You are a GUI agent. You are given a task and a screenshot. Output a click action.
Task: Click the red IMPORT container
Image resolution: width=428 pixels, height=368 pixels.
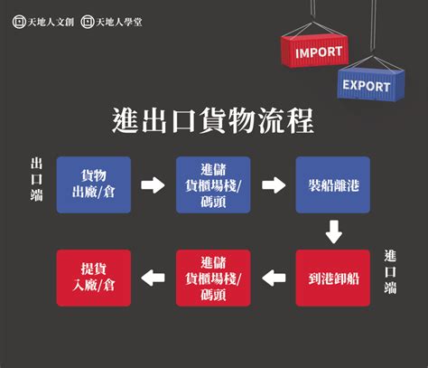[315, 51]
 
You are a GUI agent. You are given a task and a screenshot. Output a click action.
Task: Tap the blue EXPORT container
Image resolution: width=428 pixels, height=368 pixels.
[371, 84]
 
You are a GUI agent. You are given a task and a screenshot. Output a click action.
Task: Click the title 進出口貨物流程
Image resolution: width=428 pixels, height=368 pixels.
[213, 121]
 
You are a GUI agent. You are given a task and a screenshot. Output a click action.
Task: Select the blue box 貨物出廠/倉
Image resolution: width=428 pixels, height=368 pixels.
[94, 184]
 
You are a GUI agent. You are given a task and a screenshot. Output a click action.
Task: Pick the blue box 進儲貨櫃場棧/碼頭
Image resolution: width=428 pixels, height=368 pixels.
[213, 184]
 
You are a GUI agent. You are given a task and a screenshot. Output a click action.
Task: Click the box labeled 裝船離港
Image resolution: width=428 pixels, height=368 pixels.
[333, 184]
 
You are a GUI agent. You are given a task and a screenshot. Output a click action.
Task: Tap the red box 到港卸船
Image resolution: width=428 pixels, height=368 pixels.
[333, 278]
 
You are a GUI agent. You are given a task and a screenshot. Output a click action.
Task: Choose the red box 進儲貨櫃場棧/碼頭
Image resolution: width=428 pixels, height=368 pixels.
[213, 278]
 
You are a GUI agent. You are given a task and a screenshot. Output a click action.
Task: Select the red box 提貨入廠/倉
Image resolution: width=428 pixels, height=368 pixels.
[94, 278]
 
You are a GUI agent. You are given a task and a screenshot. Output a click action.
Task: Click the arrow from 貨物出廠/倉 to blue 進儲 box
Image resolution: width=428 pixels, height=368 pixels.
[153, 184]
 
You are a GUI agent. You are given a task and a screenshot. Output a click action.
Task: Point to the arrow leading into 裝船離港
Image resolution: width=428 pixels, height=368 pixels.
[274, 184]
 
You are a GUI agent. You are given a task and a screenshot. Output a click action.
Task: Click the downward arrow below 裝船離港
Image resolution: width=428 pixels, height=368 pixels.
[334, 231]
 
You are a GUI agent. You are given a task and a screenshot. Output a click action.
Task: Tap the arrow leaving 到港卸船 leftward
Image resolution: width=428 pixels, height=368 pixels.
[274, 278]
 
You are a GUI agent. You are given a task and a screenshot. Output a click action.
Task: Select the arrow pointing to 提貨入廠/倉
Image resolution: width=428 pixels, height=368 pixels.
[153, 278]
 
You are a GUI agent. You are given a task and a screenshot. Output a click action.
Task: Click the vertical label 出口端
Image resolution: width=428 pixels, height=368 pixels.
[36, 180]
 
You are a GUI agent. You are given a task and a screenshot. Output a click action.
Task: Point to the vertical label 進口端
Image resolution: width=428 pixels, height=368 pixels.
[390, 272]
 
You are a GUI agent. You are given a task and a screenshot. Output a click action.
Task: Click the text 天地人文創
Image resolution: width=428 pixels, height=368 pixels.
[51, 22]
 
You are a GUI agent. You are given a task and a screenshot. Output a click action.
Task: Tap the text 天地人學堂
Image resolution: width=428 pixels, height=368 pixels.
[119, 22]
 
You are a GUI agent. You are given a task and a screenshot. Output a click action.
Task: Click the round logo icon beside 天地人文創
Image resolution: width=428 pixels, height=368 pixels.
[19, 22]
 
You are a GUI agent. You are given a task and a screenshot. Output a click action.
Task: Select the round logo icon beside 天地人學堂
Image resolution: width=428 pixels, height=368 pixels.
[88, 22]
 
